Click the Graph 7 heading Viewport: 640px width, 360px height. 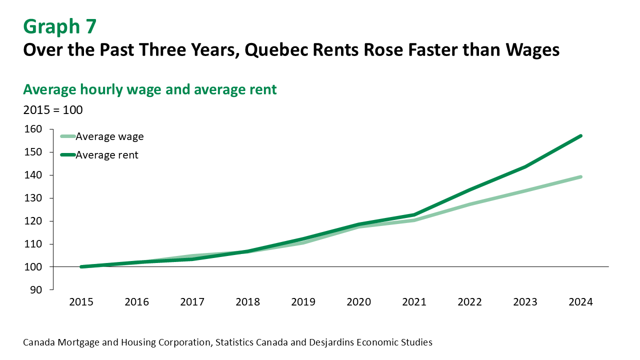click(x=59, y=26)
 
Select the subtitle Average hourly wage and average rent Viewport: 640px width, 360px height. click(x=150, y=89)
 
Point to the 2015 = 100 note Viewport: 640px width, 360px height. click(x=53, y=110)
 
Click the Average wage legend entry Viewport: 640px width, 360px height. click(x=109, y=136)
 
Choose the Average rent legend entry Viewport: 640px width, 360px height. click(x=107, y=155)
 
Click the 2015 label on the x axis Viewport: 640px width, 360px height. click(x=81, y=302)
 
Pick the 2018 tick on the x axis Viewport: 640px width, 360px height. click(x=248, y=302)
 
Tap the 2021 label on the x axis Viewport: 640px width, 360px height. click(x=414, y=302)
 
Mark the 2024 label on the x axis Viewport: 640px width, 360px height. click(x=580, y=302)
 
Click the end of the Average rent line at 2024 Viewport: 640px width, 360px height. click(x=580, y=136)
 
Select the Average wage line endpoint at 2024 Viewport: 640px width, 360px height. click(x=580, y=176)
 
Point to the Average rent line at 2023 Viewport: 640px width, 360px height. click(x=525, y=166)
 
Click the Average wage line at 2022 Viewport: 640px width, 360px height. click(x=470, y=204)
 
